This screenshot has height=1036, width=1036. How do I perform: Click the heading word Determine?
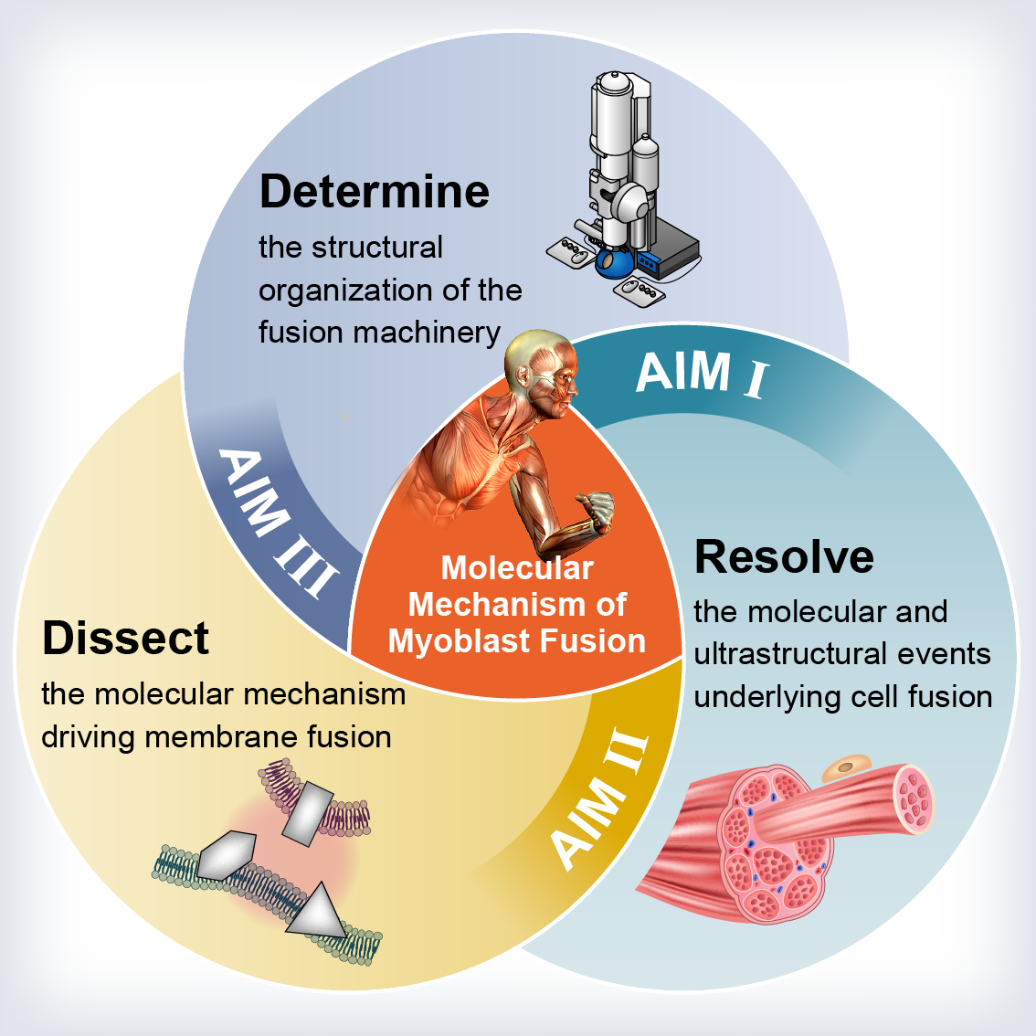coord(375,192)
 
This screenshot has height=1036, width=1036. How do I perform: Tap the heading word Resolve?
coord(784,556)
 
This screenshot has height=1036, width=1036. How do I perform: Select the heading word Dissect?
coord(125,639)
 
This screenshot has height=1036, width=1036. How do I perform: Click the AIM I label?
coord(703,374)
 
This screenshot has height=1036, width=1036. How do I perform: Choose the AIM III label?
coord(278,522)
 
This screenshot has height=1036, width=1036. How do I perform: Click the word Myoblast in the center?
coord(460,642)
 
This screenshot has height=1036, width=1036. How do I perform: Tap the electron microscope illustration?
coord(624,188)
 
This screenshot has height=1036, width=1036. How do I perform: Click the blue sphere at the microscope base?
coord(614,263)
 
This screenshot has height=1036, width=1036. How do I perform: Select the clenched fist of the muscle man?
coord(596,510)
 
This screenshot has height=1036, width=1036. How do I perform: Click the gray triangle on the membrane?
coord(317,912)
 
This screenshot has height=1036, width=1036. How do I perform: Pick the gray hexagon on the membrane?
coord(226,856)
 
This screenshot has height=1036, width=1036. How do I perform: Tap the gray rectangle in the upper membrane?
coord(308,814)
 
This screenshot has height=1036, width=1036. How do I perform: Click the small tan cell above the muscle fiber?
coord(846,766)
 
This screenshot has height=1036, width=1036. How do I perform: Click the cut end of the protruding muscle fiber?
coord(914,798)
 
